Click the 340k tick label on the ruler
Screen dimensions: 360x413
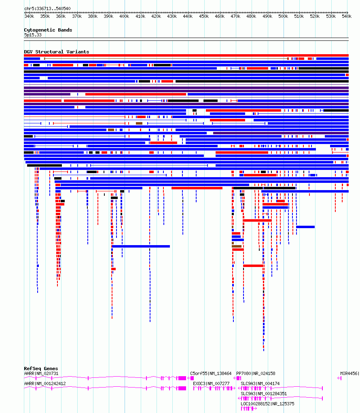29,16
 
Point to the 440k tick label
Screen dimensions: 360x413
188,16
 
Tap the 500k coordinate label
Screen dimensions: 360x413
283,16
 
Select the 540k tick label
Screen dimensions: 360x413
347,16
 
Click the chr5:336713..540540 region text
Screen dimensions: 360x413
47,8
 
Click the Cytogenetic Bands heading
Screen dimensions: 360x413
48,30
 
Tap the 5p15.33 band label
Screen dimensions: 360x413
33,35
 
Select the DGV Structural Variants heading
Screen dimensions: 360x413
57,52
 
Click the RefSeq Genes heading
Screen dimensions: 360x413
41,369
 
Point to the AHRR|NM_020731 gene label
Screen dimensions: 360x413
41,373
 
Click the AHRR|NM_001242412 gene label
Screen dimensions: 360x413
45,383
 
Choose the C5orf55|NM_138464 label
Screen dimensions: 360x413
211,373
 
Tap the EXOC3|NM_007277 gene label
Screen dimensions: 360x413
211,383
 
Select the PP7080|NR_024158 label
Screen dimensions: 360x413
256,373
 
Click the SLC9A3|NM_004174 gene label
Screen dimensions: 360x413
260,383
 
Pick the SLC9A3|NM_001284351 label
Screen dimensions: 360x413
264,394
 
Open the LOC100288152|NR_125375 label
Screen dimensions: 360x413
267,404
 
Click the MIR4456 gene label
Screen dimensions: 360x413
349,373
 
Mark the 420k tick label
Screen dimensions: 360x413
156,16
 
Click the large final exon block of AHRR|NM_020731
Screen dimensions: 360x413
182,378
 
